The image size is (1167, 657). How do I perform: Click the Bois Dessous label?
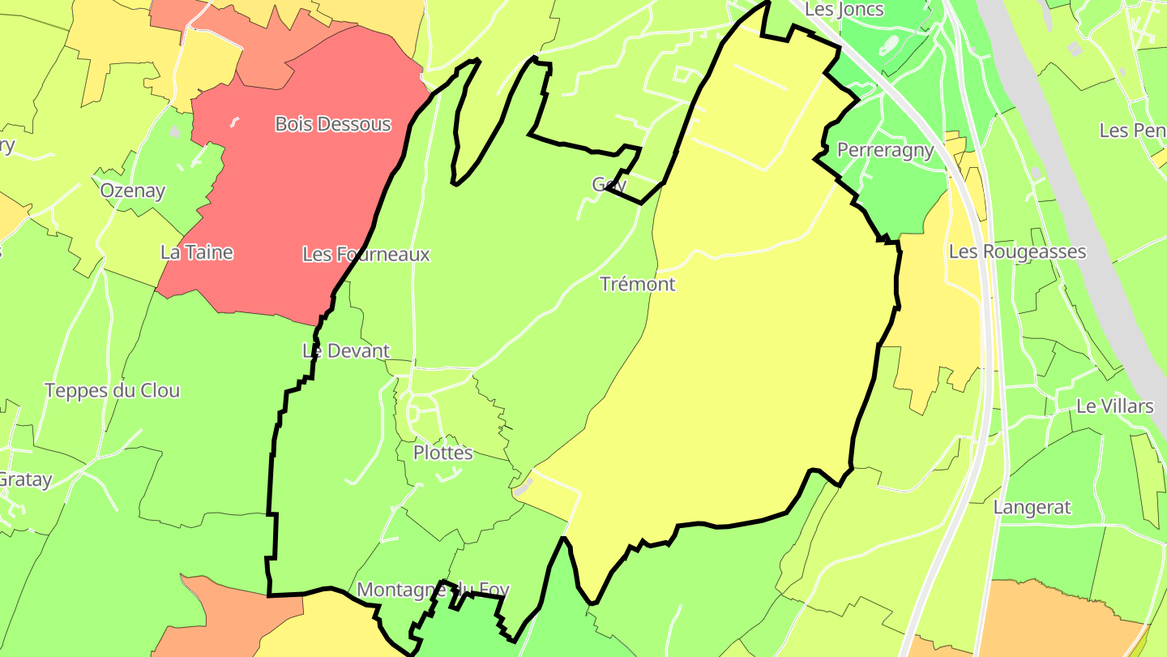coord(333,124)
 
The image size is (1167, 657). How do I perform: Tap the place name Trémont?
coord(638,284)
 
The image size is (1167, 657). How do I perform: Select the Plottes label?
coord(442,453)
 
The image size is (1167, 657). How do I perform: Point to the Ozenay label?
coord(133,191)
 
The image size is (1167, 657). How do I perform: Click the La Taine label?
coord(197,252)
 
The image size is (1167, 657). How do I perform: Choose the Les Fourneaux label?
coord(366,254)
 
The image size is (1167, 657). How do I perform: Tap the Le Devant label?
coord(346,351)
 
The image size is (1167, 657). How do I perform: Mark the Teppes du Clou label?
coord(113,390)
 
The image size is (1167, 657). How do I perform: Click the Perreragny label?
coord(885,150)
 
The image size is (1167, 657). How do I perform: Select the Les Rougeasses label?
coord(1017,251)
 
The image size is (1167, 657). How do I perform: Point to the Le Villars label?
coord(1114,406)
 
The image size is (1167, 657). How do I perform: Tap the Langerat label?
coord(1032,508)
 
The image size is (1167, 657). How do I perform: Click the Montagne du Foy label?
coord(433,589)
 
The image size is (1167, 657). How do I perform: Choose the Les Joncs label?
coord(844,10)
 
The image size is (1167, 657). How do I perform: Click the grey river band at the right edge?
coord(1078,203)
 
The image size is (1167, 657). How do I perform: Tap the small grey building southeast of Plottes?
coord(524,486)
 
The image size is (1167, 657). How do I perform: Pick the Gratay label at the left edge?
coord(24,479)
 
